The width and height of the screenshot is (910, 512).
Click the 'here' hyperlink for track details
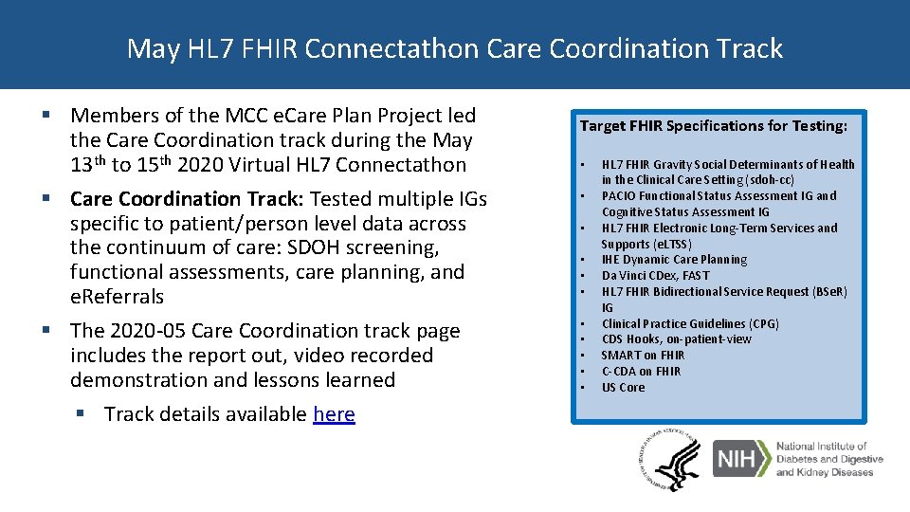(334, 414)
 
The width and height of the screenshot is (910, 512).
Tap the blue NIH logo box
(739, 459)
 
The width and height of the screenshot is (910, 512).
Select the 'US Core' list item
(623, 387)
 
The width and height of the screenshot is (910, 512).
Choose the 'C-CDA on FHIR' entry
(641, 371)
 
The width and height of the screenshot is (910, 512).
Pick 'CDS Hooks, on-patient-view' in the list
(676, 338)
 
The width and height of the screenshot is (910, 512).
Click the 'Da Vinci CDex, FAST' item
(655, 275)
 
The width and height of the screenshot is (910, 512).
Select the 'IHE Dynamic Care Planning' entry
(674, 259)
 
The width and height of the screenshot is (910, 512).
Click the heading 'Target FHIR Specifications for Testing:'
(713, 125)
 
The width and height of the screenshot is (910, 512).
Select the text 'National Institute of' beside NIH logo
(821, 446)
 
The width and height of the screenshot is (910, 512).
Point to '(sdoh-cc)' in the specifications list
(758, 179)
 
